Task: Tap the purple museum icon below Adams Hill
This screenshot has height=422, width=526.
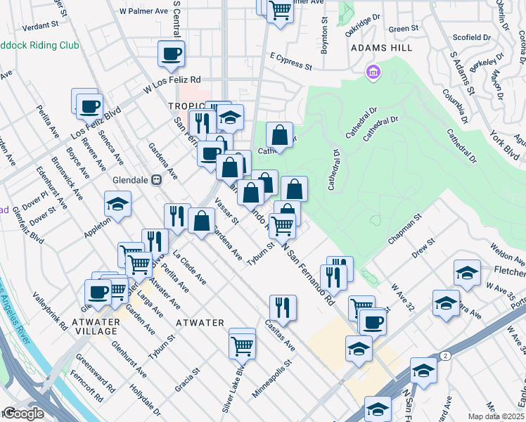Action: (373, 72)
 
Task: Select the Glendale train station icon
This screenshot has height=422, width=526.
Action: (157, 179)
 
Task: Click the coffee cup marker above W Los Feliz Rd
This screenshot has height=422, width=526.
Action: (172, 54)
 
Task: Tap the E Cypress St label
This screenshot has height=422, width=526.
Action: (290, 61)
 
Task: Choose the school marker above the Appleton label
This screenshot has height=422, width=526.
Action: (117, 205)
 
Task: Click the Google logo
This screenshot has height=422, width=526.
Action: (24, 413)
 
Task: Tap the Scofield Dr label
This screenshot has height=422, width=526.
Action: (472, 37)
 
